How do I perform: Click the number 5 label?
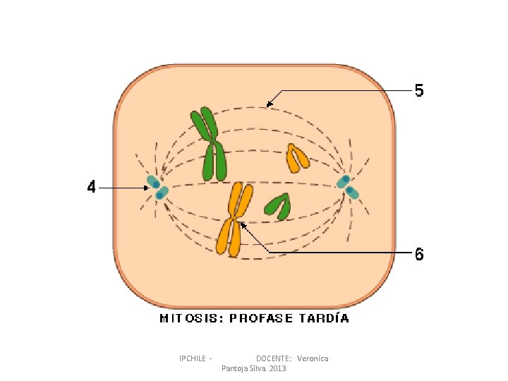tap(419, 91)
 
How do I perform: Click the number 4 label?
tap(91, 188)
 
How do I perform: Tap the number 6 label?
tap(419, 254)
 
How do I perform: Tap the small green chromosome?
tap(279, 205)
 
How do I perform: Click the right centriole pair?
tap(347, 186)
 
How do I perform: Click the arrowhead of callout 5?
tap(269, 105)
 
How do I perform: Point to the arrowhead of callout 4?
tap(146, 188)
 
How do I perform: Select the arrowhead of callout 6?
tap(242, 225)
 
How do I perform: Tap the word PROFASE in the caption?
tap(261, 318)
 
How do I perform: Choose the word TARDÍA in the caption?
tap(325, 318)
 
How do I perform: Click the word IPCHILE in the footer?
tap(193, 358)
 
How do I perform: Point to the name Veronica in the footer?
tap(313, 358)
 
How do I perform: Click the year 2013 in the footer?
tap(277, 369)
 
